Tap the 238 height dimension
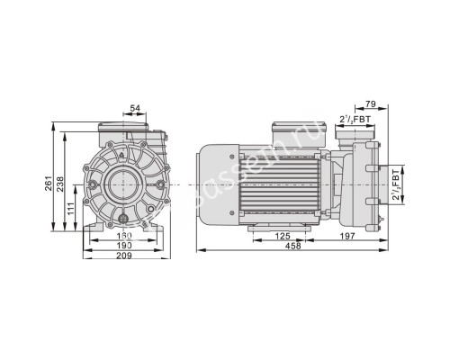pyautogui.click(x=61, y=184)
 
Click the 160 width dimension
pyautogui.click(x=124, y=237)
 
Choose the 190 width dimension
pyautogui.click(x=124, y=246)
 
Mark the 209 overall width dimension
pyautogui.click(x=124, y=256)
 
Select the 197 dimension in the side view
pyautogui.click(x=347, y=237)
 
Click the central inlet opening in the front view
pyautogui.click(x=124, y=184)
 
